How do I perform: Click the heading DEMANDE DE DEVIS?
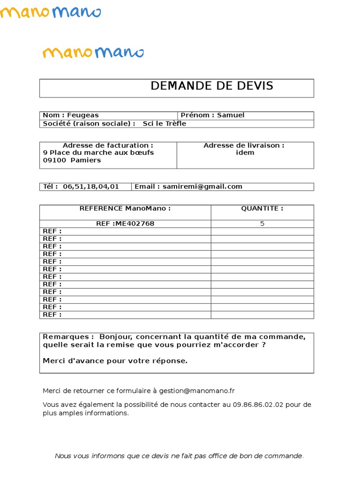[212, 86]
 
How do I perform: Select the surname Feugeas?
[82, 115]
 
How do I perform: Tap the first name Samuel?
[231, 115]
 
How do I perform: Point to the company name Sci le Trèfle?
[161, 124]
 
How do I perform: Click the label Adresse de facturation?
[107, 146]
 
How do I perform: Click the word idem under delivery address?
[245, 153]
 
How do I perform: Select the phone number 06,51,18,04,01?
[90, 187]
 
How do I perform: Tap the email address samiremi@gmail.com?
[202, 187]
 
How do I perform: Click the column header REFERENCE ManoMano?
[125, 209]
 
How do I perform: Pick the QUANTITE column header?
[262, 209]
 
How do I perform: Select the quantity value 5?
[262, 224]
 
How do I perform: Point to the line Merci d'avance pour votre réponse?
[115, 361]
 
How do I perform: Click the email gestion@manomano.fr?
[196, 391]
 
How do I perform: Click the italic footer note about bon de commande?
[180, 456]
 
